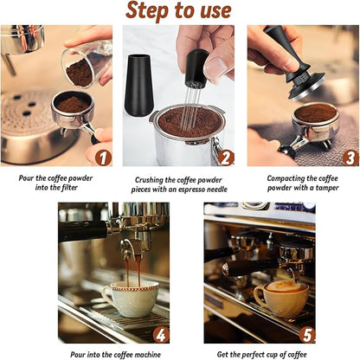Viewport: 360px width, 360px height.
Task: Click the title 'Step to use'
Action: [179, 11]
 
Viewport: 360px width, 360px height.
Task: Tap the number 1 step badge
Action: [102, 157]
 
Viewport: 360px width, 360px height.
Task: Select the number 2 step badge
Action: [226, 157]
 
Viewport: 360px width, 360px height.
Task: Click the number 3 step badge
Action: [350, 157]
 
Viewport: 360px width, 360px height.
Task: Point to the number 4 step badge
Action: [161, 333]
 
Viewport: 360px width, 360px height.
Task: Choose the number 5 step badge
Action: [307, 333]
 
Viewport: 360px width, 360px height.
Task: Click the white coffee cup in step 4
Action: [130, 299]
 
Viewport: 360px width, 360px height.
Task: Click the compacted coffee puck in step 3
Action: [315, 113]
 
